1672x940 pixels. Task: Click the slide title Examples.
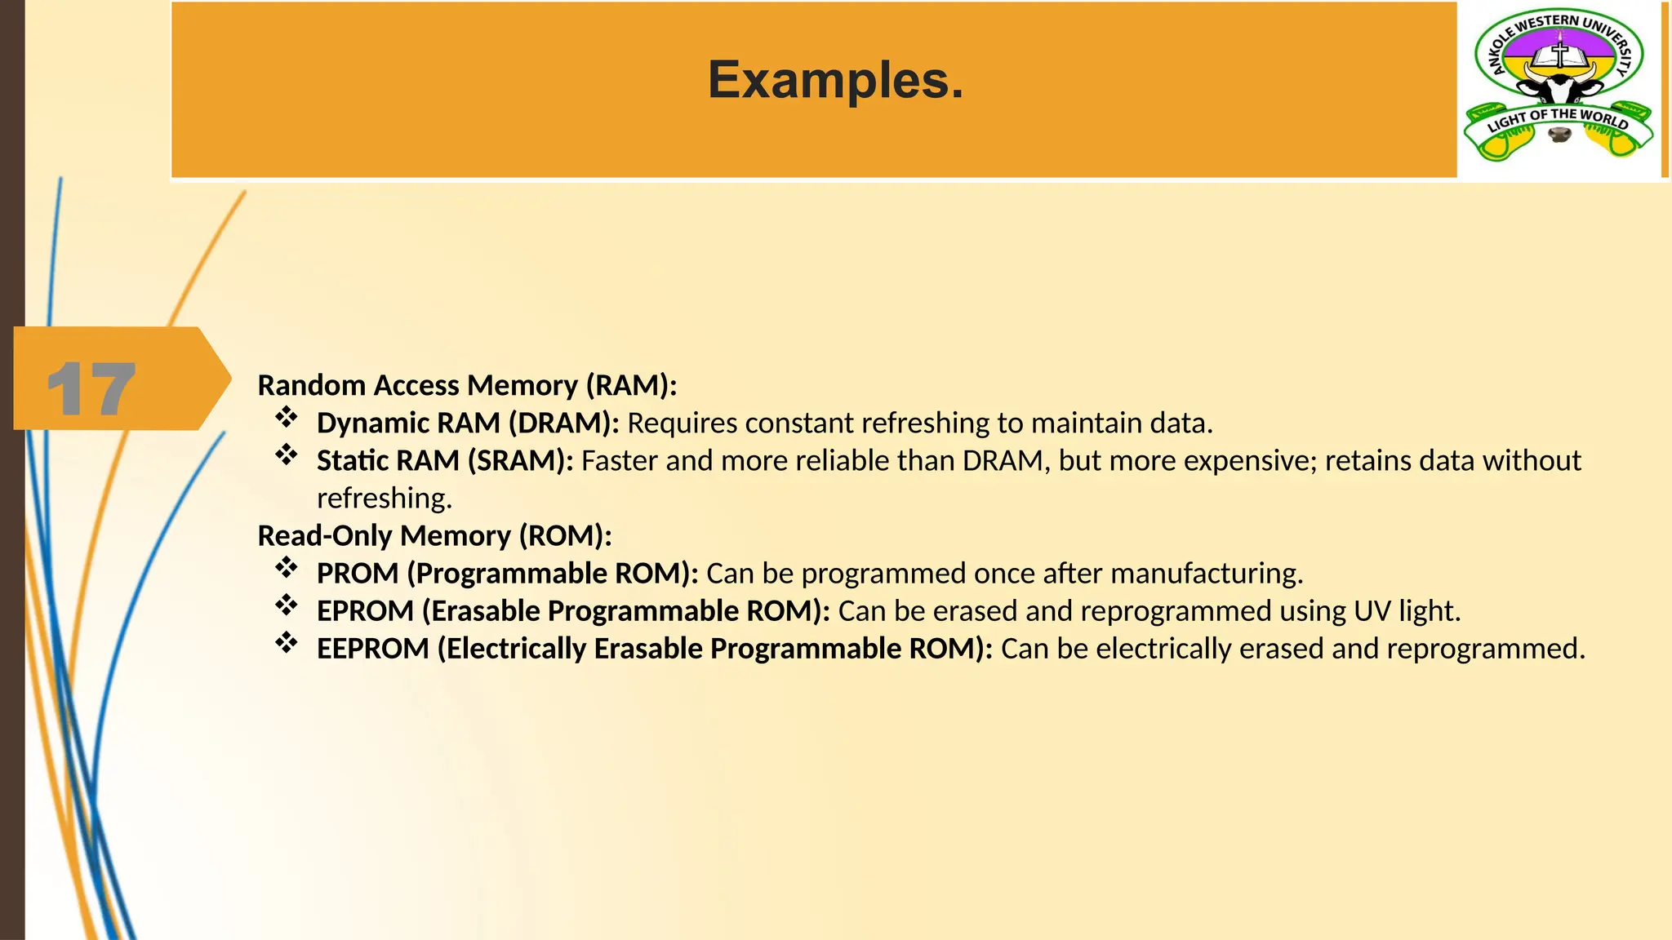(x=835, y=81)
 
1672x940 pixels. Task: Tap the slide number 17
(x=91, y=389)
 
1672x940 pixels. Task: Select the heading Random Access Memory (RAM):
(x=467, y=385)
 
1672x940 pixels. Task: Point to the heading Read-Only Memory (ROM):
(x=434, y=536)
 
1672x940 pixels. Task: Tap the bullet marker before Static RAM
(x=286, y=455)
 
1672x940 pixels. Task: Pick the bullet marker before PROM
(x=286, y=568)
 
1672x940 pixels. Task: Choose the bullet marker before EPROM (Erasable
(x=286, y=605)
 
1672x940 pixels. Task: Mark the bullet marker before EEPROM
(x=286, y=643)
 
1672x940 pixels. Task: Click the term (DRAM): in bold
(x=564, y=423)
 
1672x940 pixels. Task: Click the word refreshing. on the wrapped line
(x=385, y=499)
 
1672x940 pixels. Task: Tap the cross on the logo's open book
(x=1560, y=54)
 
